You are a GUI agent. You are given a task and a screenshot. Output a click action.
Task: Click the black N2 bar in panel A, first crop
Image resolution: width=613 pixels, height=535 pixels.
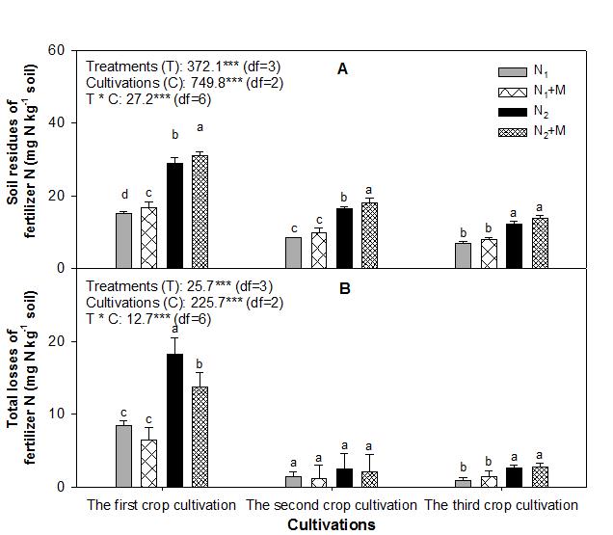(x=174, y=216)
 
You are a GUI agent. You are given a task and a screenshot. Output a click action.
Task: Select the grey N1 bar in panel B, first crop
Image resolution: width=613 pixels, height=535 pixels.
(x=123, y=456)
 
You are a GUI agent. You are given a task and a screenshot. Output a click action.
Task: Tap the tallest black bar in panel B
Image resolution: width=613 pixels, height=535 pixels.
(x=174, y=420)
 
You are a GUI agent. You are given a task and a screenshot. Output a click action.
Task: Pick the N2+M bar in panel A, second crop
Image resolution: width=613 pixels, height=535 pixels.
(x=368, y=236)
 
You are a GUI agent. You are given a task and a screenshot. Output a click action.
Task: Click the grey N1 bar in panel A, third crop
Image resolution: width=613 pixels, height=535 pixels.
(x=463, y=255)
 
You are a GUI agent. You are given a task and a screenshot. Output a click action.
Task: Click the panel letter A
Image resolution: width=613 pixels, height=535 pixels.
(x=342, y=68)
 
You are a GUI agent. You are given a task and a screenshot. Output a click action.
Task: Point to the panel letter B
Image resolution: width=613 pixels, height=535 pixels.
(x=342, y=286)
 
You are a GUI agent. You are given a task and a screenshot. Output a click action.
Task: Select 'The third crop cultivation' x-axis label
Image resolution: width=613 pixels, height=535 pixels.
(x=501, y=505)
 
